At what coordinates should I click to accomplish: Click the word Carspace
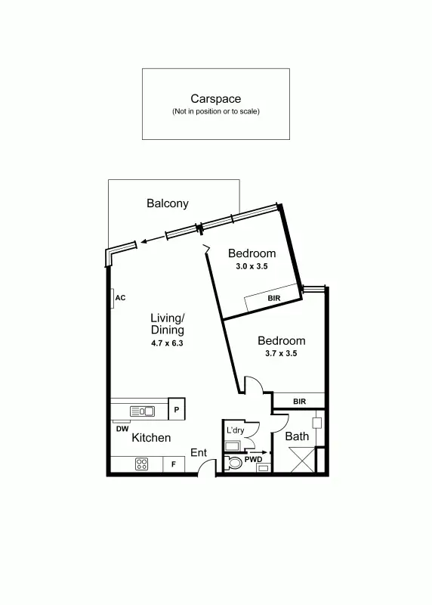coord(215,98)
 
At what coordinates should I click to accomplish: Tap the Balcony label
coord(168,203)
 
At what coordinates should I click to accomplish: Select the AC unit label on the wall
coord(119,299)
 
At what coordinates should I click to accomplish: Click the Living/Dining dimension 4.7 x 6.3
coord(167,343)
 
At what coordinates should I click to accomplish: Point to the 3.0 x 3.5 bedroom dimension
coord(251,266)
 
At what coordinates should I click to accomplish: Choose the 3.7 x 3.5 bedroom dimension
coord(281,353)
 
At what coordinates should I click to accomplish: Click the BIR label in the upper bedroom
coord(274,299)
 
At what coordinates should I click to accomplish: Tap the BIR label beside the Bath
coord(299,402)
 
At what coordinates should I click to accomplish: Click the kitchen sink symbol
coord(142,411)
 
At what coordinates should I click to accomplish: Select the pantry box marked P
coord(176,409)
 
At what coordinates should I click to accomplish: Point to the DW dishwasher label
coord(122,429)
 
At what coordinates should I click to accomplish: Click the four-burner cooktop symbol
coord(141,464)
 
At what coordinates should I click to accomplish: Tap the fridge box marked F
coord(173,464)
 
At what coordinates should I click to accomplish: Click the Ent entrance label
coord(199,452)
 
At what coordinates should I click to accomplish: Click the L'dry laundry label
coord(235,430)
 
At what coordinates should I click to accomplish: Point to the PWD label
coord(252,458)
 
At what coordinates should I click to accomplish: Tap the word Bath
coord(297,436)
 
